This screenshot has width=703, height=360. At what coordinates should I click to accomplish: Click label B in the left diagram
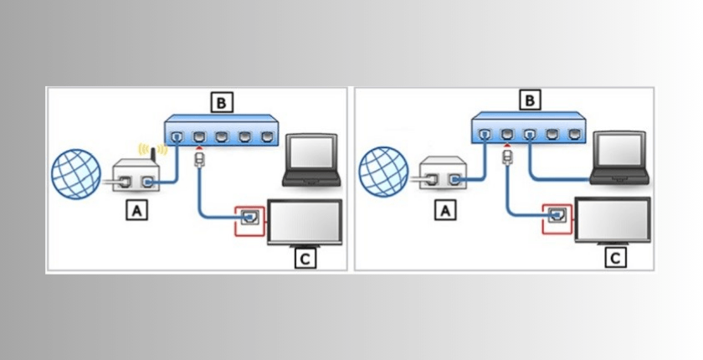[x=221, y=103]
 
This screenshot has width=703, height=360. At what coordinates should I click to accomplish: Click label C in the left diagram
[x=305, y=259]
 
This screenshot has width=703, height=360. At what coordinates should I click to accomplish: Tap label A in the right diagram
[x=446, y=212]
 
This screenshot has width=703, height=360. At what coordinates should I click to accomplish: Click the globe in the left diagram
[x=77, y=174]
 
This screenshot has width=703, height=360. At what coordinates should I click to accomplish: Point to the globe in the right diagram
[x=385, y=173]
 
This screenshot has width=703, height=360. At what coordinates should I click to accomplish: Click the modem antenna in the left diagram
[x=153, y=156]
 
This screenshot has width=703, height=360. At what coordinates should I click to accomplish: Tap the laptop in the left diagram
[x=310, y=159]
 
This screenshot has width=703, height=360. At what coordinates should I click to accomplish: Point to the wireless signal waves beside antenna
[x=164, y=153]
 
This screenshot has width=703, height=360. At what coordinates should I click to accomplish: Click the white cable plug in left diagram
[x=200, y=158]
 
